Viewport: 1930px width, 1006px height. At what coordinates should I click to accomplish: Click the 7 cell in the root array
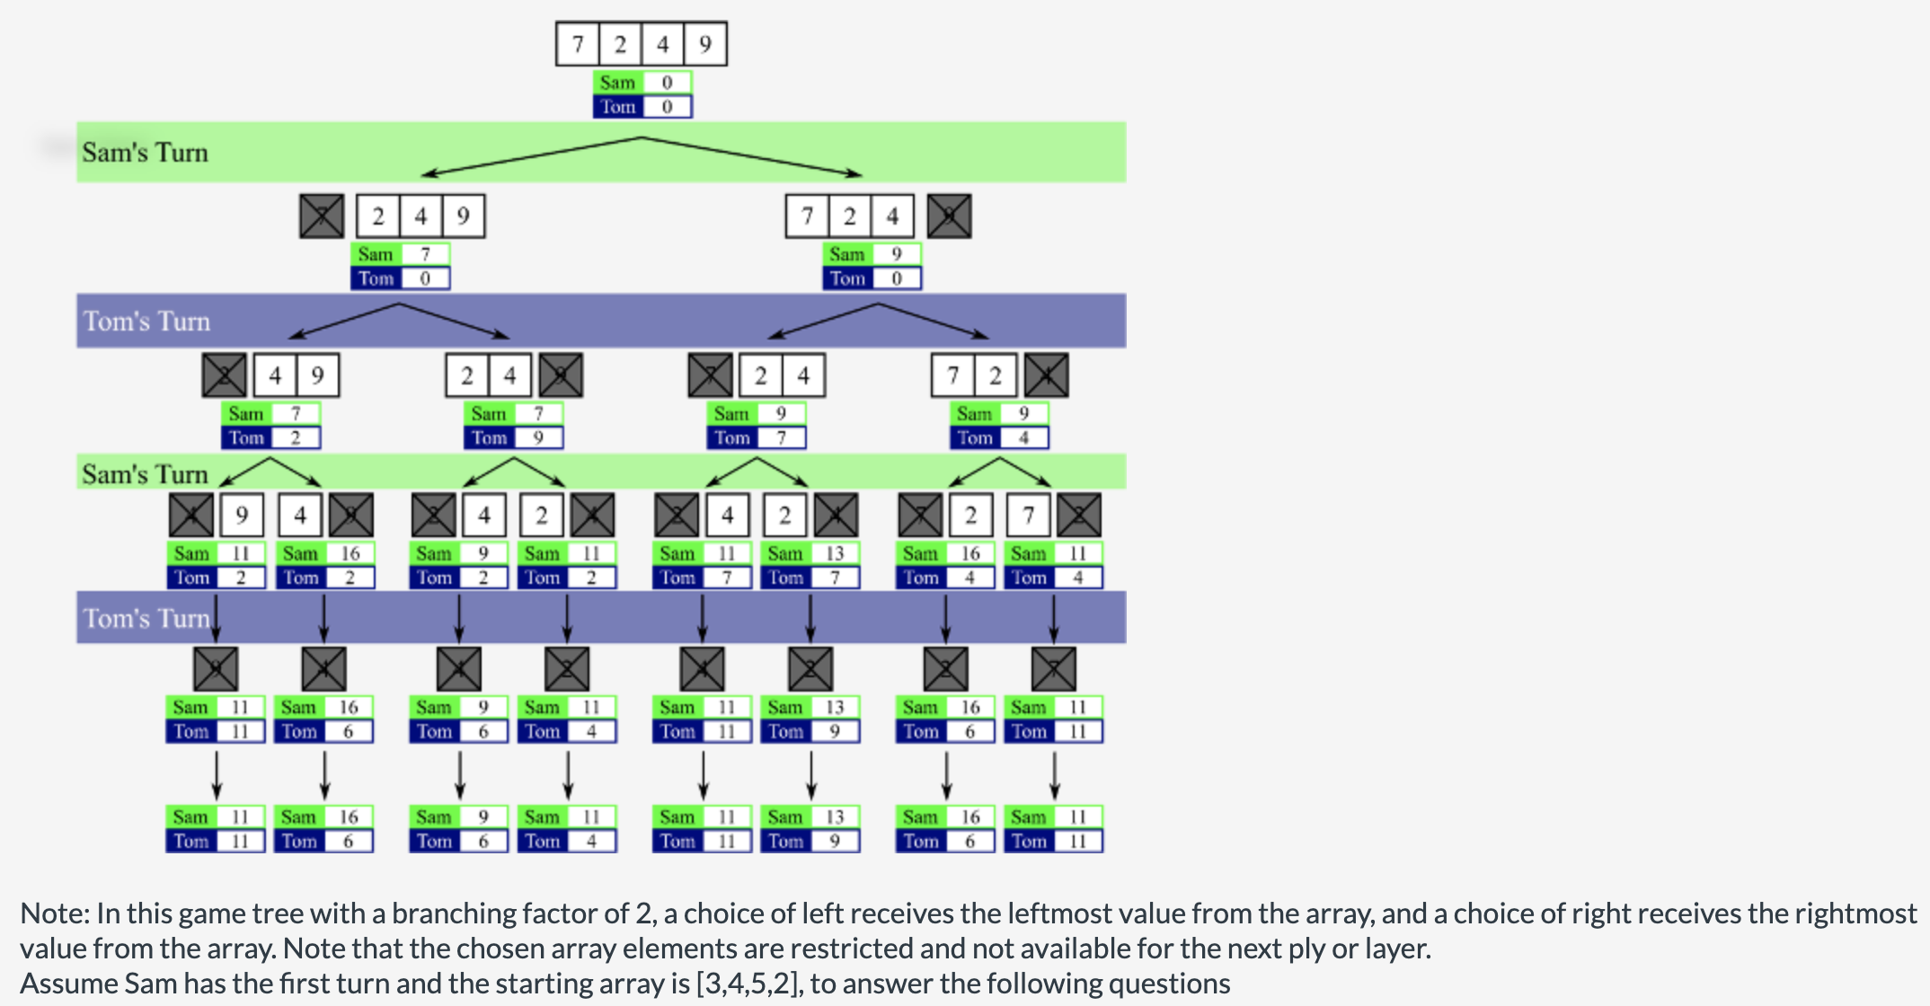pos(578,44)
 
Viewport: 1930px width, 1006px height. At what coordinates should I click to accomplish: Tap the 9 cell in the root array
pos(705,44)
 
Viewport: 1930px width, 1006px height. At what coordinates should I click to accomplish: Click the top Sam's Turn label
pos(145,153)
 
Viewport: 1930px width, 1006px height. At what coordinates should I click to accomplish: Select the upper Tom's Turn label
pos(146,322)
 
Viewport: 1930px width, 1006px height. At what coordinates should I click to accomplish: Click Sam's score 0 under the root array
pos(667,83)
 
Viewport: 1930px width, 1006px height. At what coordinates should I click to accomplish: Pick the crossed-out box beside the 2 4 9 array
pos(322,216)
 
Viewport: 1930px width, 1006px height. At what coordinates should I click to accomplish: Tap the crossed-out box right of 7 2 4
pos(949,216)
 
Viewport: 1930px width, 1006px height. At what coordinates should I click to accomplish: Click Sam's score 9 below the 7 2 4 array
pos(896,254)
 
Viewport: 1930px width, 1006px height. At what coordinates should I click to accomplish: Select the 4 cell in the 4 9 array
pos(275,375)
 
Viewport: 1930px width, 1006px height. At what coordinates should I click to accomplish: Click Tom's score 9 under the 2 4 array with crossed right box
pos(537,438)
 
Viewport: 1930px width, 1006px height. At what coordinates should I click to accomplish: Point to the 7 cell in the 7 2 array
pos(952,375)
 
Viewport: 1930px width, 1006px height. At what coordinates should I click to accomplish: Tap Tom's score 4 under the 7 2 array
pos(1023,438)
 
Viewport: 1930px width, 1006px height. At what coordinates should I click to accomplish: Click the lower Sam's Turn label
pos(145,474)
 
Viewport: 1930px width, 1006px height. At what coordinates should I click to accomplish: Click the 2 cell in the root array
pos(620,44)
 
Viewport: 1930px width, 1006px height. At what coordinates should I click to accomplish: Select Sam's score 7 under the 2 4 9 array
pos(425,254)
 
